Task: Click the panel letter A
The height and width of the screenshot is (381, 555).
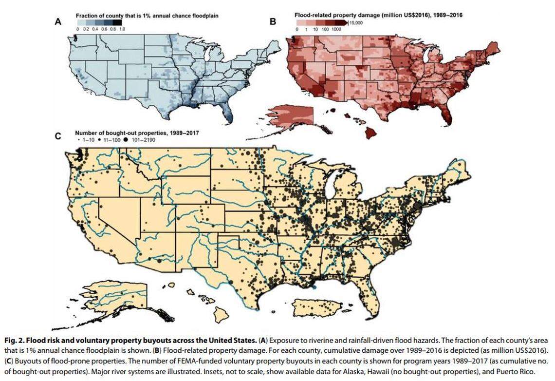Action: (58, 21)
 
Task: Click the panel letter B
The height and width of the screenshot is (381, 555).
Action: (273, 21)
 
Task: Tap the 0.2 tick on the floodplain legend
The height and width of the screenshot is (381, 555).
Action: (86, 30)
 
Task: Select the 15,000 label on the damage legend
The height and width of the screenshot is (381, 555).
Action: (357, 22)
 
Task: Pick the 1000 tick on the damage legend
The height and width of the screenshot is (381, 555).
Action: (336, 30)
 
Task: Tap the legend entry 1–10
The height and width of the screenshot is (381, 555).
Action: (86, 139)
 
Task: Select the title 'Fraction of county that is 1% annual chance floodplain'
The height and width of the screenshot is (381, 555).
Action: (147, 16)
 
